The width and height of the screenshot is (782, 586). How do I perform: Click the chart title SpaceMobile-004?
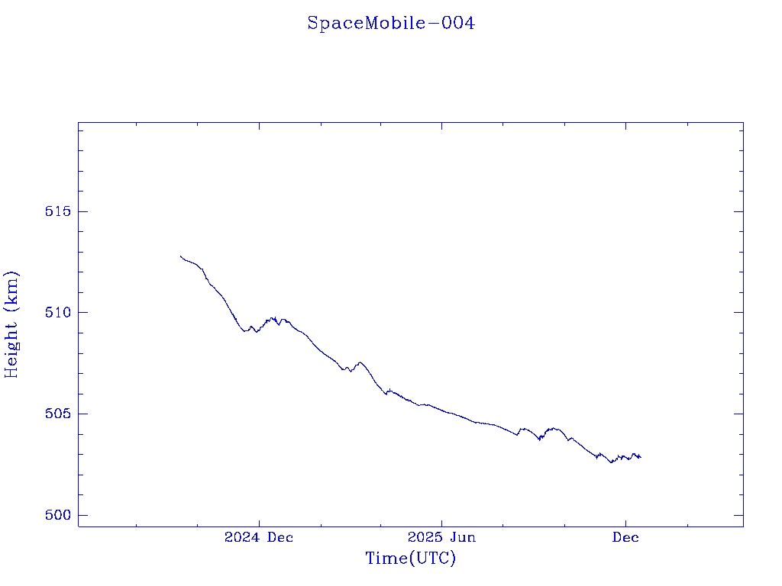[391, 24]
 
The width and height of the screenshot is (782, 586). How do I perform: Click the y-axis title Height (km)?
[12, 324]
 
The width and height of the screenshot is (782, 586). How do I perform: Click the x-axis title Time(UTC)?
[410, 559]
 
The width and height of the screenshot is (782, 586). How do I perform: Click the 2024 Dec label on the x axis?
[258, 538]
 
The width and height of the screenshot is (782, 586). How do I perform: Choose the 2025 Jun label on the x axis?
[441, 538]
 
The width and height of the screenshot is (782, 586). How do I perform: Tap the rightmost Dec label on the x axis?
[625, 538]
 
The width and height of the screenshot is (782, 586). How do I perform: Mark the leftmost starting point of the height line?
[180, 256]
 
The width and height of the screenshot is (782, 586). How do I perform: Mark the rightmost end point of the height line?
[641, 457]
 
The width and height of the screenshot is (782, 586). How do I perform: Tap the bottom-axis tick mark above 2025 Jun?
[441, 522]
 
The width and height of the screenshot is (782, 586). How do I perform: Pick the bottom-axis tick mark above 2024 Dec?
[258, 522]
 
